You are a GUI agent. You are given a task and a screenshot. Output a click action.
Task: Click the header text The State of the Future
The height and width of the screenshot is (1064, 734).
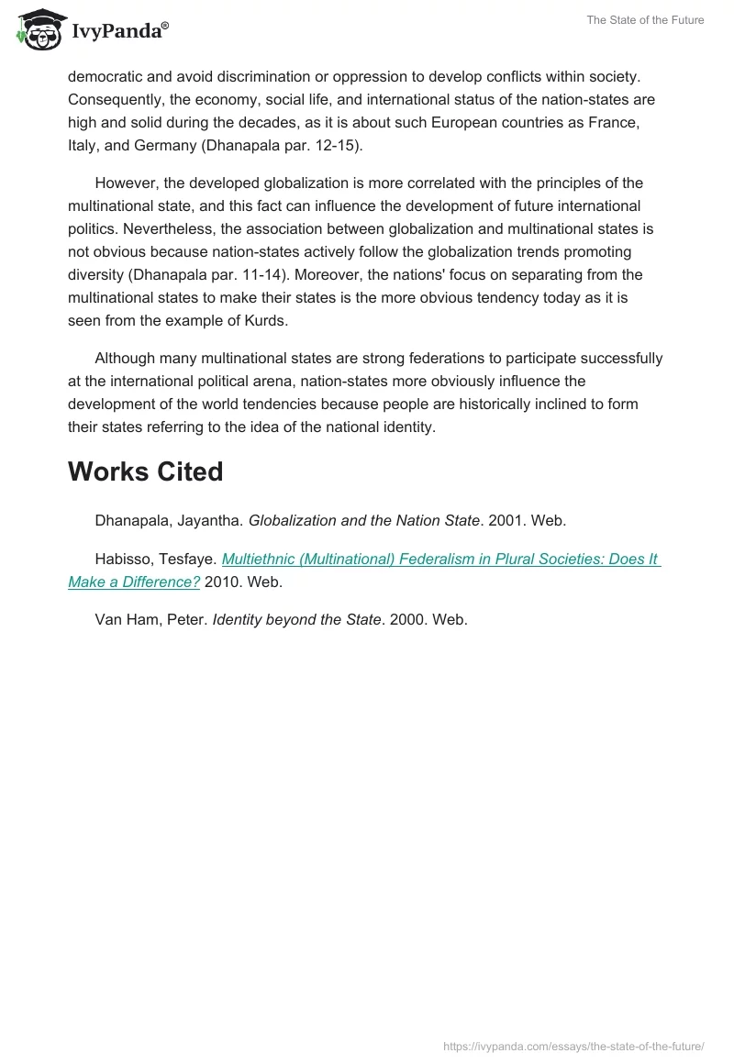tap(646, 20)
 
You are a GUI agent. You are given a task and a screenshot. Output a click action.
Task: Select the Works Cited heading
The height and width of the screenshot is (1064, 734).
tap(145, 471)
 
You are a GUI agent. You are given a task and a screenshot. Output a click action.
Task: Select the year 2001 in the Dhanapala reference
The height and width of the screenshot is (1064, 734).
tap(506, 520)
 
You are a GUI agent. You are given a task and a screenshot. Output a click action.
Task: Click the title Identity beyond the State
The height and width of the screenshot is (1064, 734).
tap(296, 619)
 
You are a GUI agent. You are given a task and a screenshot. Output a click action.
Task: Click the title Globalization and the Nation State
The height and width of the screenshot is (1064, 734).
tap(364, 520)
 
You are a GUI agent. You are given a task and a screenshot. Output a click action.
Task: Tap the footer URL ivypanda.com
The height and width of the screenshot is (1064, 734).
tap(573, 1046)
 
